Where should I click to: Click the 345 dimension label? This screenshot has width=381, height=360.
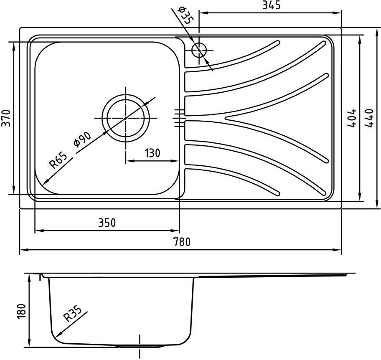click(271, 5)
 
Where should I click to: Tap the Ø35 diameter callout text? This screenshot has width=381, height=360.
click(186, 15)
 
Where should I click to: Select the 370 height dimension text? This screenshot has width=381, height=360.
click(6, 118)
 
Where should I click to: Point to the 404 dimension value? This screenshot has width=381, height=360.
click(352, 118)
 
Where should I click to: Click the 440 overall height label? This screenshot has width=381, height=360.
click(369, 118)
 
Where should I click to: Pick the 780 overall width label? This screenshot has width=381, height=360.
click(182, 242)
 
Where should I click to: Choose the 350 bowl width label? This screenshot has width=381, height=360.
click(107, 223)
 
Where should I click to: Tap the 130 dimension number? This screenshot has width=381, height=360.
click(152, 153)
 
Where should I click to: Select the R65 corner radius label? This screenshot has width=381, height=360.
click(58, 160)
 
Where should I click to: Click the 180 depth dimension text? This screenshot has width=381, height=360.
click(22, 312)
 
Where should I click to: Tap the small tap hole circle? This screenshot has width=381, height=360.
click(199, 50)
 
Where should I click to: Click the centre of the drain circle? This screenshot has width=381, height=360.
click(126, 118)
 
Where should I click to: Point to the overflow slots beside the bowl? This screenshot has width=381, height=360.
click(179, 118)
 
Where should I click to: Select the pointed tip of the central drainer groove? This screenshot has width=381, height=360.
click(226, 118)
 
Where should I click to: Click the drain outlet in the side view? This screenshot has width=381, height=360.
click(140, 345)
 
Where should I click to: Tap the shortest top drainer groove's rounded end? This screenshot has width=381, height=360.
click(277, 43)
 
